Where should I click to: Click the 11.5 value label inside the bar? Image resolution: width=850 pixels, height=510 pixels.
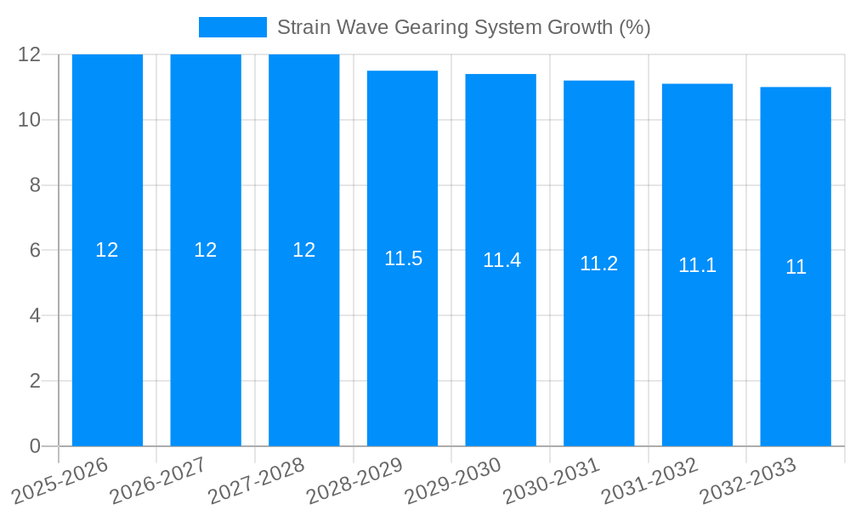click(x=403, y=258)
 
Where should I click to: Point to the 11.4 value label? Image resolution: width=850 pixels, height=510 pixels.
click(x=501, y=260)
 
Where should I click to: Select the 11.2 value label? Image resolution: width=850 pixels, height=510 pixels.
click(x=598, y=263)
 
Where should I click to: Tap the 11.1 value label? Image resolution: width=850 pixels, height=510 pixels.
click(x=697, y=265)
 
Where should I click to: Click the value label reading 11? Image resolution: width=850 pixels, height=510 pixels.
click(x=796, y=267)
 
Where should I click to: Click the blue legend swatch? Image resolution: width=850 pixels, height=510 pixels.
click(x=232, y=27)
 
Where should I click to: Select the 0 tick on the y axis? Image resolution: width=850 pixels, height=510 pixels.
click(x=35, y=446)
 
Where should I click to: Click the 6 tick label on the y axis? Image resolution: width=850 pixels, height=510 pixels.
click(x=35, y=251)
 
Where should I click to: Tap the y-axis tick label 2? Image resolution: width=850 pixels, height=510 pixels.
click(x=35, y=381)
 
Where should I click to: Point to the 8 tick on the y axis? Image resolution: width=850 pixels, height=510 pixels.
click(x=35, y=185)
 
